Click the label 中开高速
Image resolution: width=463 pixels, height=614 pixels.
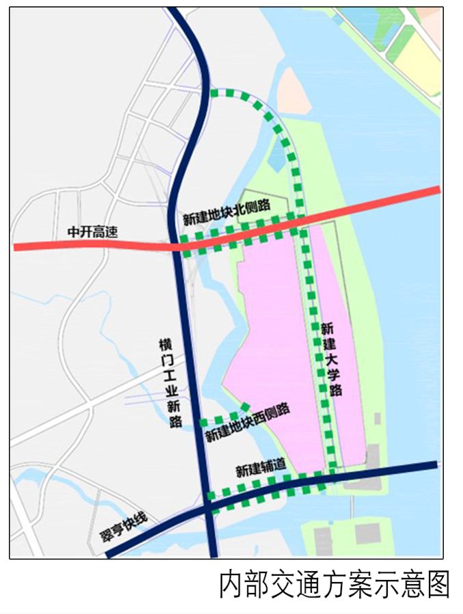click(92, 232)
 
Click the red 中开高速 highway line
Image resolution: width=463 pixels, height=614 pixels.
click(376, 203)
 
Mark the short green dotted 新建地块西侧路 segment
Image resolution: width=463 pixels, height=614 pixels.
click(222, 418)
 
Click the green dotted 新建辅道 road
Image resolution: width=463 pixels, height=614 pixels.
click(266, 487)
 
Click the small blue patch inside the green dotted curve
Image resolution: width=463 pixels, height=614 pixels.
click(277, 157)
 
